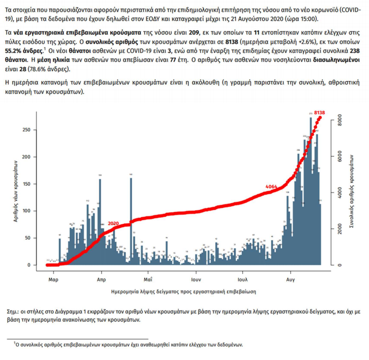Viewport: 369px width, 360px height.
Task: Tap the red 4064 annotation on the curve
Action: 271,186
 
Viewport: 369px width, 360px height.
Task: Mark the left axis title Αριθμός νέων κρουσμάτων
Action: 16,193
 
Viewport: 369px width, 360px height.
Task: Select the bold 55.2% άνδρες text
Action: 23,50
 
